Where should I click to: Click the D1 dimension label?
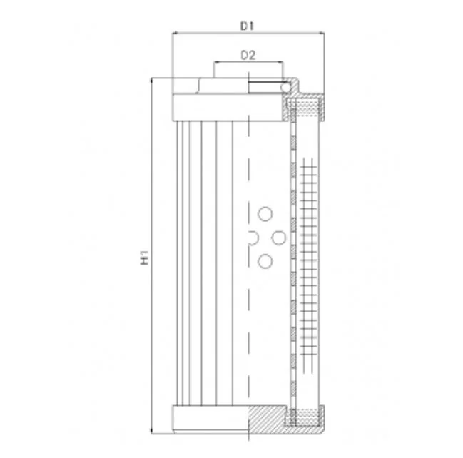(247, 26)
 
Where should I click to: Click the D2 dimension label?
(248, 55)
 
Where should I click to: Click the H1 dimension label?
(144, 258)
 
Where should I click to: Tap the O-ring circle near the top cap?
(285, 88)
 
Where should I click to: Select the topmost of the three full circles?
(265, 214)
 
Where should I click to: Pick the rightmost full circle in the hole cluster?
(278, 238)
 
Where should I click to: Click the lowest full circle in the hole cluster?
(265, 261)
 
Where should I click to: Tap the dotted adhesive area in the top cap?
(307, 108)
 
